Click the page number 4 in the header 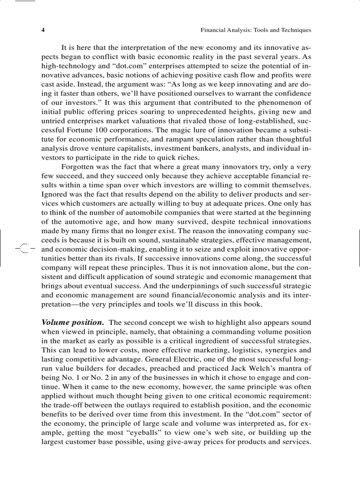click(x=43, y=30)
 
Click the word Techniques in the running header click(x=296, y=30)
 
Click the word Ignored click(x=54, y=194)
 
